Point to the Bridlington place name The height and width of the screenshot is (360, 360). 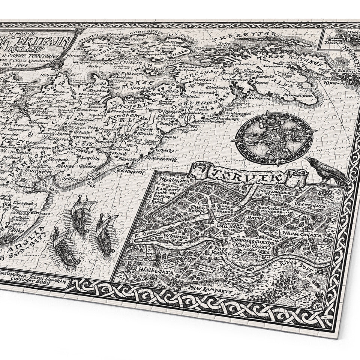tap(130, 171)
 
